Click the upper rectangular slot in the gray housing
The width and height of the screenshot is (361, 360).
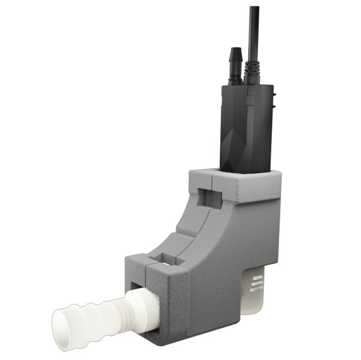click(x=210, y=196)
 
